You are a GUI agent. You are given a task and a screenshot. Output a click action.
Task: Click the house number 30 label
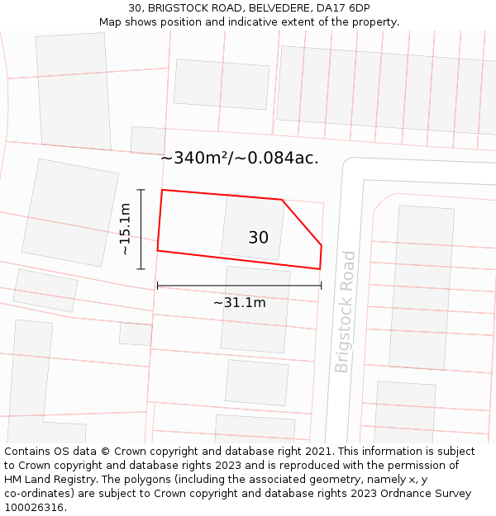pos(258,238)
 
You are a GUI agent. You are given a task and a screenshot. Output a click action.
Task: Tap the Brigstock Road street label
pos(345,312)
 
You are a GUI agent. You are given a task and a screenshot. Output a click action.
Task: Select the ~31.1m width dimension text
pos(240,303)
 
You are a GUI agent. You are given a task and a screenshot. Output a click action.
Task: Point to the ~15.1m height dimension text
pos(125,230)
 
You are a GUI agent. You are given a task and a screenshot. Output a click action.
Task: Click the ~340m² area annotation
pos(240,158)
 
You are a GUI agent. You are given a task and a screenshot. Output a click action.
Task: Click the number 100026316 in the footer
pos(34,508)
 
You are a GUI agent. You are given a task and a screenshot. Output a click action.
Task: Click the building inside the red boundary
pos(252,226)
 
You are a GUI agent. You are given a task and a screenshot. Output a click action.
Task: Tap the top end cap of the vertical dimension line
pos(141,190)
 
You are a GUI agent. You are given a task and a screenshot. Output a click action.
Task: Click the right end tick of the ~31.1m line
pos(321,286)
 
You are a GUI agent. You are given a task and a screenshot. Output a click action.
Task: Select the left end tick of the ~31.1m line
pos(157,286)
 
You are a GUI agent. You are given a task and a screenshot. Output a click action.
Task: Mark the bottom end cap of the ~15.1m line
pos(141,268)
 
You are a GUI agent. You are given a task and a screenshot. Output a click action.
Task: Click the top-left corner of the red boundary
pos(162,190)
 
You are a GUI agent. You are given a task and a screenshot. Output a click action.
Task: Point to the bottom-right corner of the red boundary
pos(320,268)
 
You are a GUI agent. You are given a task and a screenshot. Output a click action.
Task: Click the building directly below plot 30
pos(255,310)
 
